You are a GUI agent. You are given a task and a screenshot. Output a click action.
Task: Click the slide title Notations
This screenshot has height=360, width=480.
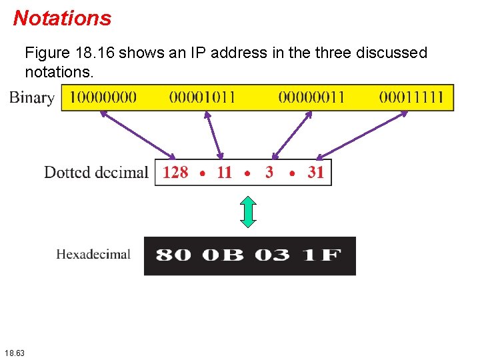pos(62,18)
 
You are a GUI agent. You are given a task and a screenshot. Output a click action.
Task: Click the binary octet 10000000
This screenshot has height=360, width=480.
pos(103,97)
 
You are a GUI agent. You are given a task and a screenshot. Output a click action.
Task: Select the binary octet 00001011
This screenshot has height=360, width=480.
pos(203,97)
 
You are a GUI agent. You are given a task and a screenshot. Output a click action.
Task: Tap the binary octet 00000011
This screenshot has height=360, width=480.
pos(311,97)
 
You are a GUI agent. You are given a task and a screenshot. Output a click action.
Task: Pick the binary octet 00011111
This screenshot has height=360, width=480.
pos(411,97)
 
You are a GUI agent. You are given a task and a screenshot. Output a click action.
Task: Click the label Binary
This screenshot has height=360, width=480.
pos(31,98)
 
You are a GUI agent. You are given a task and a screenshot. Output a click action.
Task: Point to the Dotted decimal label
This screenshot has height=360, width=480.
pos(96,173)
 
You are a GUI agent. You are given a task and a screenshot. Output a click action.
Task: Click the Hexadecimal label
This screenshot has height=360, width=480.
pos(93,254)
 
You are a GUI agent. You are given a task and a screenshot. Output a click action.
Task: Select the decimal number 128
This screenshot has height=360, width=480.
pos(175,173)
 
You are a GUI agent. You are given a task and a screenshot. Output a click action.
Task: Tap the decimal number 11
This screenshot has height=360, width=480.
pos(224,173)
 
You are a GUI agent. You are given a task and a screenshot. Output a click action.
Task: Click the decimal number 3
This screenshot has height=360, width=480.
pos(269,173)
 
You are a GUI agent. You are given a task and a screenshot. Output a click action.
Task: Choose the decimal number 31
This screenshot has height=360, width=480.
pos(316,173)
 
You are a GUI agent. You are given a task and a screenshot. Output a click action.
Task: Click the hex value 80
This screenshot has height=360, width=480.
pos(173,255)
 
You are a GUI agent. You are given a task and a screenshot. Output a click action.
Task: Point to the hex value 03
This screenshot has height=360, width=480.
pos(272,255)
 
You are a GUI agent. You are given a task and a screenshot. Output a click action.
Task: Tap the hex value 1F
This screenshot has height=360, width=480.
pos(321,255)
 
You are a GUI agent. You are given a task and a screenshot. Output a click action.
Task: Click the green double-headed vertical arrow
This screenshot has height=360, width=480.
pos(248,211)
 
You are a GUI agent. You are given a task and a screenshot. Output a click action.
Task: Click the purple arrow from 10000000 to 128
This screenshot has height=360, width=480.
pos(137,135)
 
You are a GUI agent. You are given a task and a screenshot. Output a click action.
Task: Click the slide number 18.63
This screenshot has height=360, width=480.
pos(14,352)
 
